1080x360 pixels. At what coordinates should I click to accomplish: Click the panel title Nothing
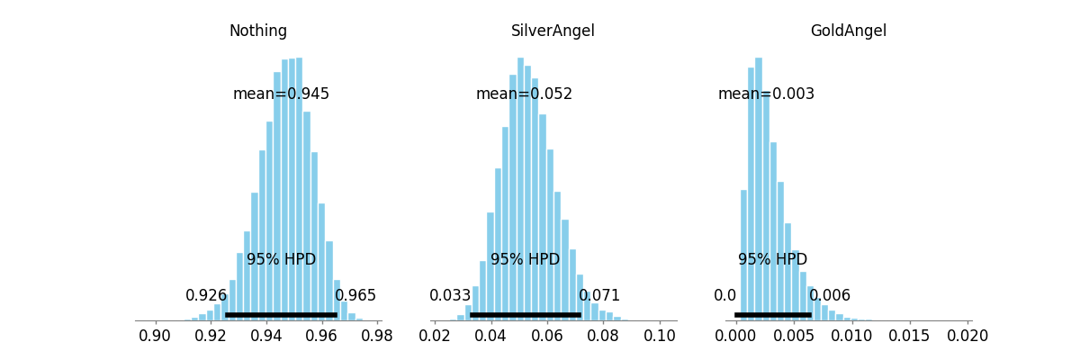pyautogui.click(x=258, y=31)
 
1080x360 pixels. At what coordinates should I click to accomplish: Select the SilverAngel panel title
pyautogui.click(x=553, y=31)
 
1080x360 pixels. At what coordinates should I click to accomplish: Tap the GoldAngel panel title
pyautogui.click(x=848, y=31)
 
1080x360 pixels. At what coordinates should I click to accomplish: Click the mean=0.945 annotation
pyautogui.click(x=281, y=94)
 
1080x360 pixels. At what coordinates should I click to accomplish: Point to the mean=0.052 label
pyautogui.click(x=524, y=94)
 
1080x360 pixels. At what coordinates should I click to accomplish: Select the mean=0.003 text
pyautogui.click(x=766, y=94)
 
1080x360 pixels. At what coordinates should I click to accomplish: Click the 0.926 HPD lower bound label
pyautogui.click(x=206, y=295)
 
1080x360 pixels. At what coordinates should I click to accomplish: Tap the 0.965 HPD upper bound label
pyautogui.click(x=355, y=295)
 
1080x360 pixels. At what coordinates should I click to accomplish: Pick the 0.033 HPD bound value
pyautogui.click(x=450, y=295)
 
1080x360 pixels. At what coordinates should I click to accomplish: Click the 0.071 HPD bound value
pyautogui.click(x=599, y=295)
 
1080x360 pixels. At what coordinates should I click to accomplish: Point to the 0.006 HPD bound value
pyautogui.click(x=830, y=295)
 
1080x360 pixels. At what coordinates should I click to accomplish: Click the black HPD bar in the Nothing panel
pyautogui.click(x=281, y=315)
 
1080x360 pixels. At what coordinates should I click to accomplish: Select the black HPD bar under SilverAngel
pyautogui.click(x=526, y=315)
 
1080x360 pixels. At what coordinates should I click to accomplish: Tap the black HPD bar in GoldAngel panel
pyautogui.click(x=773, y=315)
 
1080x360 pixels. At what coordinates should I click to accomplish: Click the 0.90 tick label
pyautogui.click(x=155, y=336)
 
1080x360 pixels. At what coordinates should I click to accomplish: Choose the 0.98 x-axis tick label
pyautogui.click(x=377, y=336)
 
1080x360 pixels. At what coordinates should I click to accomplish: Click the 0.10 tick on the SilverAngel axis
pyautogui.click(x=660, y=336)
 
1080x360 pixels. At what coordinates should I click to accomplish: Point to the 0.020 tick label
pyautogui.click(x=967, y=336)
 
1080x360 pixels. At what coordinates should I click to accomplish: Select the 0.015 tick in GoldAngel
pyautogui.click(x=909, y=336)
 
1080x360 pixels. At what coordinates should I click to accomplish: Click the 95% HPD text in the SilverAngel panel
pyautogui.click(x=525, y=259)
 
